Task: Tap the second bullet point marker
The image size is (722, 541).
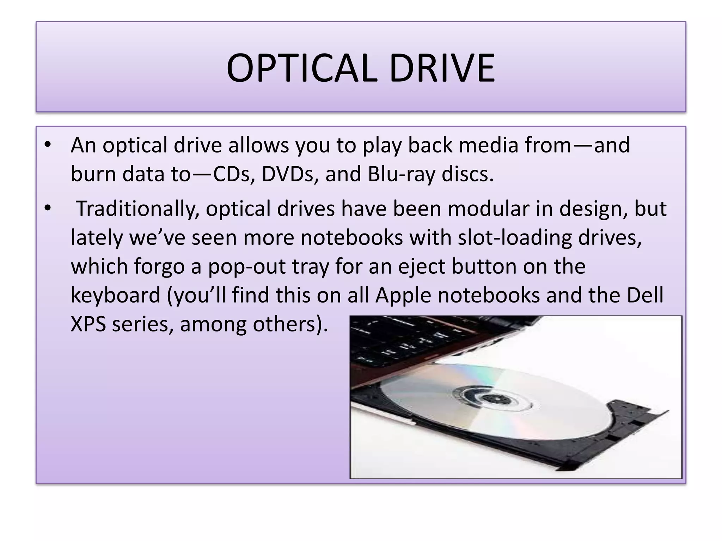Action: click(48, 209)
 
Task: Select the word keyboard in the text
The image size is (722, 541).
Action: click(116, 295)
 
